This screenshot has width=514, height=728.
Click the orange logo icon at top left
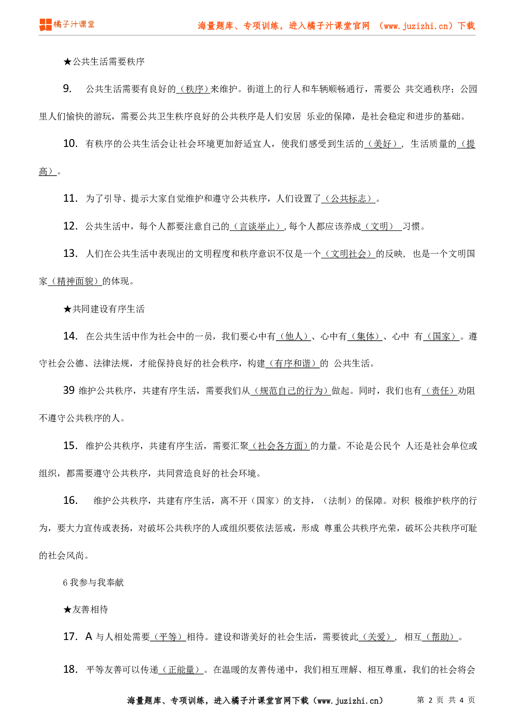click(x=45, y=24)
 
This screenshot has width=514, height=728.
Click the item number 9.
click(x=67, y=89)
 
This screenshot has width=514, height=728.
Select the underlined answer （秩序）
click(x=193, y=89)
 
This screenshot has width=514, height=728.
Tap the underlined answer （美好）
click(x=382, y=144)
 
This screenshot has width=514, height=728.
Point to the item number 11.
click(x=70, y=198)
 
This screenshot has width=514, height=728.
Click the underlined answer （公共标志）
click(x=348, y=199)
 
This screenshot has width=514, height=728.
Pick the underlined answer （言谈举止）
click(x=257, y=226)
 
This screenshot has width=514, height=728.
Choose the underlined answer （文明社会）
click(x=348, y=254)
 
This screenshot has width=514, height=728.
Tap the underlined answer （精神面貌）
click(x=75, y=281)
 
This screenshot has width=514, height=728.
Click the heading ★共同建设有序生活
click(x=104, y=309)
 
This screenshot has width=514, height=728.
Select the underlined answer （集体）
click(x=365, y=336)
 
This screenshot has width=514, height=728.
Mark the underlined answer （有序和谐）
click(x=292, y=364)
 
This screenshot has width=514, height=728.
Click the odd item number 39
click(x=69, y=391)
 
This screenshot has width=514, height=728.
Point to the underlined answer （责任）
click(x=439, y=391)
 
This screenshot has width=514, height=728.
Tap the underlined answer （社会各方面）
click(x=280, y=446)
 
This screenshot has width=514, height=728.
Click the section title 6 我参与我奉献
click(x=93, y=583)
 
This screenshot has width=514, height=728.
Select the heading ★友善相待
click(x=86, y=609)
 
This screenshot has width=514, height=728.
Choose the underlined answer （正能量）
click(x=181, y=670)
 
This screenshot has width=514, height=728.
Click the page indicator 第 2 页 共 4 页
click(x=446, y=700)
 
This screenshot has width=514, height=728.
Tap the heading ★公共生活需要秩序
click(x=104, y=62)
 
